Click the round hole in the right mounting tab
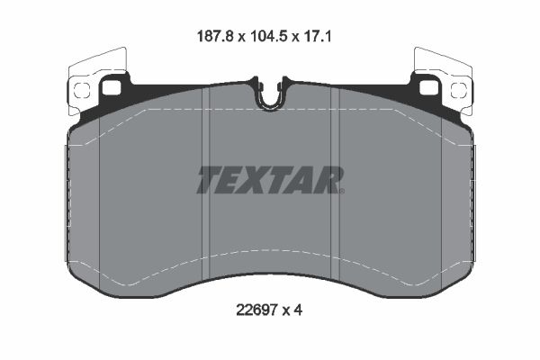(x=459, y=88)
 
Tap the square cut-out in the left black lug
(x=112, y=87)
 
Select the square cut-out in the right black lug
(x=427, y=86)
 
